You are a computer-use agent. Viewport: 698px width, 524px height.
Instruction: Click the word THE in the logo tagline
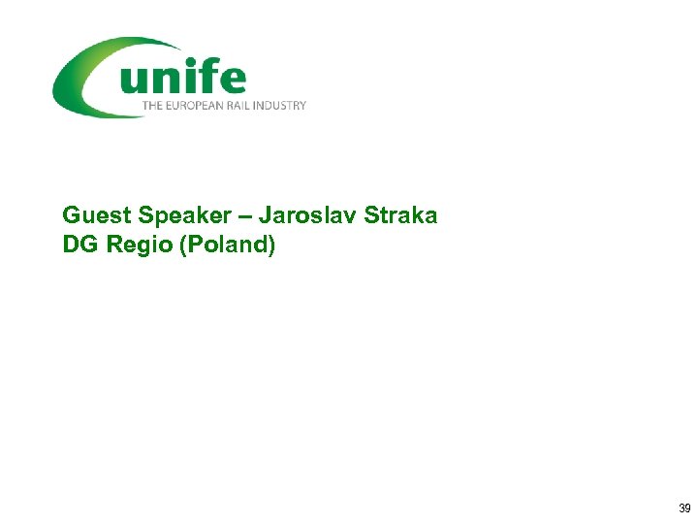152,105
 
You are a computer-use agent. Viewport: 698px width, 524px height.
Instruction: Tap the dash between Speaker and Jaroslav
241,215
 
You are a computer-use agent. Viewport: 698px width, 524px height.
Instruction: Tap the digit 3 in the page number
682,508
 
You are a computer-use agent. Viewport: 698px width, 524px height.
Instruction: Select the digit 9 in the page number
688,508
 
